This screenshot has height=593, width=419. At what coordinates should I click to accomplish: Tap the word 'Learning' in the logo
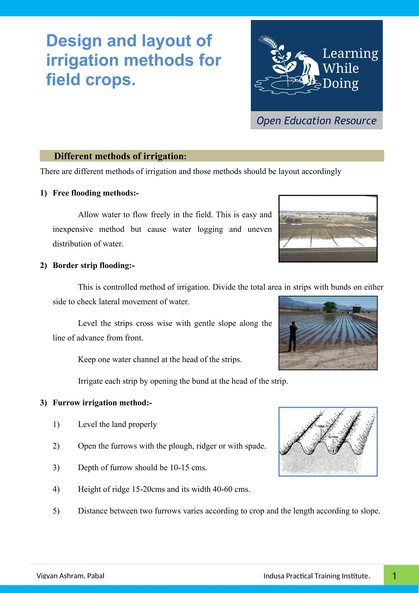[x=350, y=54]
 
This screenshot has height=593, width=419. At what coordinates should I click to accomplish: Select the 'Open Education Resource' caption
[x=316, y=121]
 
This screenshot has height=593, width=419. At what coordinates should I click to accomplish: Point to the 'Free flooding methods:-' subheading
[x=96, y=193]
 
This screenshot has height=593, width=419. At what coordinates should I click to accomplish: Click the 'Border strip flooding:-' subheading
[x=93, y=265]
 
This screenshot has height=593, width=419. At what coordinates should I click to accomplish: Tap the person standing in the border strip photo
[x=293, y=336]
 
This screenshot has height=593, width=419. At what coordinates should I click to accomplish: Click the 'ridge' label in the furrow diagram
[x=321, y=426]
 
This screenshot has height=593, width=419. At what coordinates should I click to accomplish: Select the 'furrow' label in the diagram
[x=333, y=437]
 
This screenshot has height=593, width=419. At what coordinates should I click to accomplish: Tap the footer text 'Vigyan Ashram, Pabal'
[x=70, y=576]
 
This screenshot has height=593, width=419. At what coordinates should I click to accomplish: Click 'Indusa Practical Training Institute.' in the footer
[x=317, y=576]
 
